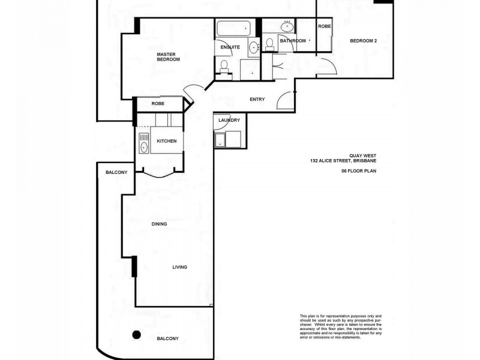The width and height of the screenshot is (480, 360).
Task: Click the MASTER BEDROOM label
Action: [x=169, y=57]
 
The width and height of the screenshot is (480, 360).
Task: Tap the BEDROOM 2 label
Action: [x=364, y=41]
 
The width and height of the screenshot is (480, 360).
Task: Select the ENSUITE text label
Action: [x=230, y=47]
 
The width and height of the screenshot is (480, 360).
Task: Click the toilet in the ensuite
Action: [x=224, y=65]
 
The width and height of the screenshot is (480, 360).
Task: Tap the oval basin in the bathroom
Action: [x=287, y=26]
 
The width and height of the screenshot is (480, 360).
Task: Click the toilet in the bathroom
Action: [x=269, y=43]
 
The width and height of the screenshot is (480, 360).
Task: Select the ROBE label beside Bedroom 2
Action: [x=324, y=26]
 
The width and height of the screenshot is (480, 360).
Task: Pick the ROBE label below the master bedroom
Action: [x=158, y=104]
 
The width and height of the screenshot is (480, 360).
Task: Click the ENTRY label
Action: [x=257, y=100]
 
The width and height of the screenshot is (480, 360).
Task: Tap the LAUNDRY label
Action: [x=229, y=120]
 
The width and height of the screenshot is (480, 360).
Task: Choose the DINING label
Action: [x=159, y=224]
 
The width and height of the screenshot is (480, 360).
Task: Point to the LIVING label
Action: [x=180, y=267]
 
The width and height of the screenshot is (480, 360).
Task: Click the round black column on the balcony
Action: [x=137, y=335]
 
